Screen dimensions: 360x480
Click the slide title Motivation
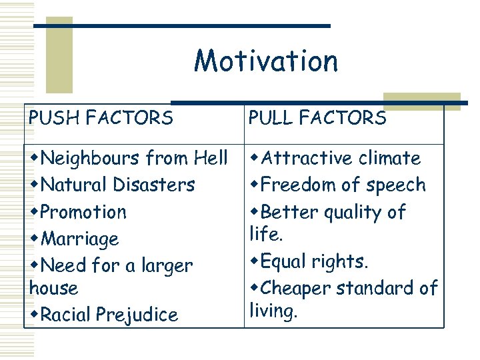click(266, 61)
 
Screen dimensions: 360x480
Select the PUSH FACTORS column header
click(101, 119)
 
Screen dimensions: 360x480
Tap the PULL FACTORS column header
click(317, 119)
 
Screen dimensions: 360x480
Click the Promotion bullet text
click(83, 212)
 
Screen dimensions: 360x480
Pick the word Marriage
click(79, 239)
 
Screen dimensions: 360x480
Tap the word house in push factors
click(54, 289)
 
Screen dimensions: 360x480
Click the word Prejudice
click(140, 315)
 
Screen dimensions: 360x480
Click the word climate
click(390, 159)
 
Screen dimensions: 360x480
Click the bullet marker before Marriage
click(35, 239)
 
